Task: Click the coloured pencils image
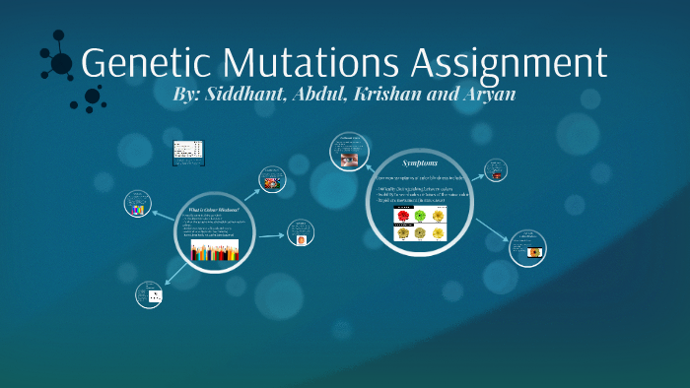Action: [x=215, y=250]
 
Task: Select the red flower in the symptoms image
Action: [x=403, y=215]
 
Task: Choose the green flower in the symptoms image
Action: [x=420, y=215]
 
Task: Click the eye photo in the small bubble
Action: [x=348, y=155]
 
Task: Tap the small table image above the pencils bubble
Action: [x=187, y=150]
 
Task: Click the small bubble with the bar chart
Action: [x=139, y=205]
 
